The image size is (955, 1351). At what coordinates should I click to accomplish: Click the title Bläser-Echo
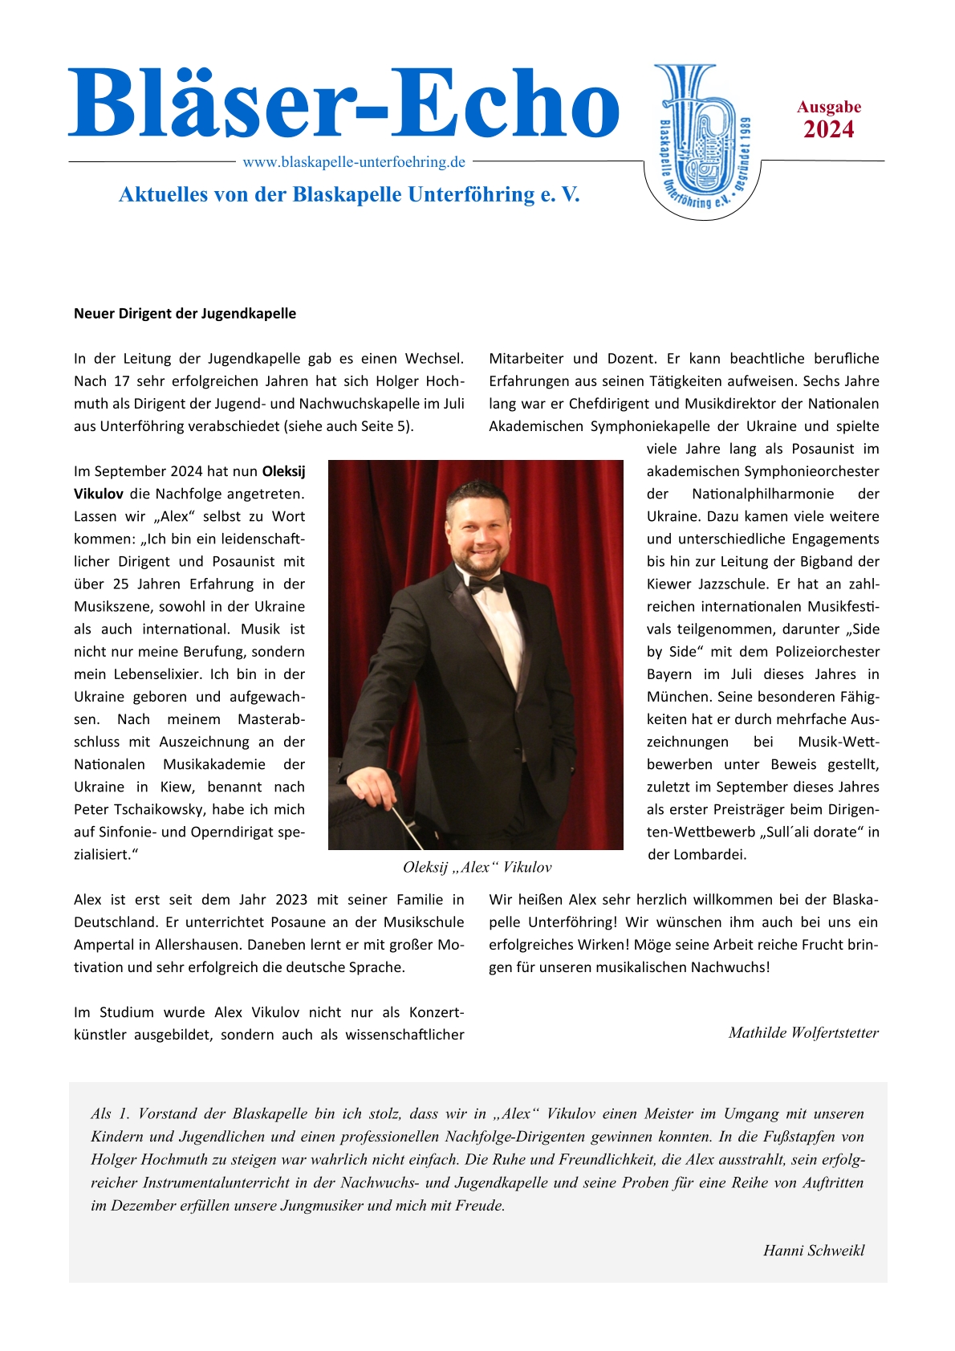343,104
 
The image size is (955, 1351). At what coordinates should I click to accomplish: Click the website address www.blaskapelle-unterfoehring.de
354,162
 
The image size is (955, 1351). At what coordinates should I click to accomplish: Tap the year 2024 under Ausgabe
828,130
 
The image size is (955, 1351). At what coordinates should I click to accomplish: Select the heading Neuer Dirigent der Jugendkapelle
185,314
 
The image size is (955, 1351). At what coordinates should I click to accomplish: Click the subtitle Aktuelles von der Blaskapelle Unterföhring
349,195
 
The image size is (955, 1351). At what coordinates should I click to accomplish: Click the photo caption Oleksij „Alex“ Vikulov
477,868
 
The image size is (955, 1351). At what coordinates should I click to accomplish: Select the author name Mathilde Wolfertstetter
803,1033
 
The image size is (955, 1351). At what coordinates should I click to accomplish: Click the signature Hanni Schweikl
814,1251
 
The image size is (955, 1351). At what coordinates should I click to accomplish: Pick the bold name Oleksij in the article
283,472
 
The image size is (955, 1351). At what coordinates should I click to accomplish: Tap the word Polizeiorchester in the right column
828,652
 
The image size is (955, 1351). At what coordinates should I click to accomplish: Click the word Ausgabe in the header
829,108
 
